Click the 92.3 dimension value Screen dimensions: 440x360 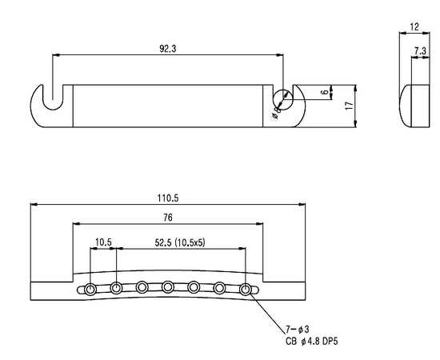click(x=167, y=49)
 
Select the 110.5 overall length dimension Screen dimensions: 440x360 click(x=168, y=198)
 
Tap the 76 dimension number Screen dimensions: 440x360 click(x=167, y=218)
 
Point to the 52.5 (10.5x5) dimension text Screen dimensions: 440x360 click(x=180, y=242)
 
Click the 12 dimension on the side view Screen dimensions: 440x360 click(x=414, y=27)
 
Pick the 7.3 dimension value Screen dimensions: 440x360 click(x=420, y=51)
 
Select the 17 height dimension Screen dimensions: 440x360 click(x=350, y=106)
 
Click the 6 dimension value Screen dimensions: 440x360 click(x=326, y=92)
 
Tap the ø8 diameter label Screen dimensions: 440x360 click(x=277, y=112)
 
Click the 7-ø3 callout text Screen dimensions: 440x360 click(x=298, y=329)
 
